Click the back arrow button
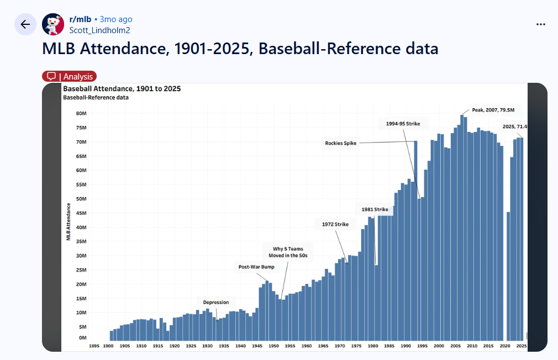[25, 24]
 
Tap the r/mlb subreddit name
[80, 19]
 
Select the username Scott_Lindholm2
[99, 30]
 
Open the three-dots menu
[541, 24]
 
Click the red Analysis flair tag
[70, 77]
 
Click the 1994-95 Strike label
[403, 124]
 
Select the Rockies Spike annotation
[341, 144]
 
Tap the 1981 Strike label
[375, 210]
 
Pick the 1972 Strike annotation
[335, 224]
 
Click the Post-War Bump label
[256, 267]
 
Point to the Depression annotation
[215, 302]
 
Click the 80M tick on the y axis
[81, 114]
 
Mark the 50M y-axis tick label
[81, 199]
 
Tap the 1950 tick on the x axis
[273, 346]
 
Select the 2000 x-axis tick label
[439, 346]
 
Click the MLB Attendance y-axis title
[69, 222]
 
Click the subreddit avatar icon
[53, 24]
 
